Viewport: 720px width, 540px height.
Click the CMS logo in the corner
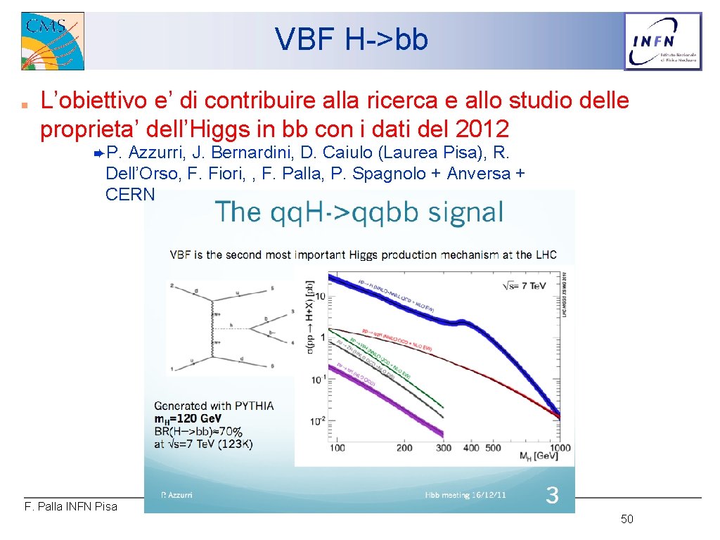click(x=53, y=41)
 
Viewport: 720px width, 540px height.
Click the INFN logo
click(x=663, y=41)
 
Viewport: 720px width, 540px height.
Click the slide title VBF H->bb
click(x=351, y=40)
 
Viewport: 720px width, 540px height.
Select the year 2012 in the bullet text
click(x=482, y=129)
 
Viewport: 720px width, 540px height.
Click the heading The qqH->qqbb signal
click(x=359, y=212)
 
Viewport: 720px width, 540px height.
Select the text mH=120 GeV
click(x=197, y=419)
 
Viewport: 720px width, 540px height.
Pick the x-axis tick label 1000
click(x=560, y=448)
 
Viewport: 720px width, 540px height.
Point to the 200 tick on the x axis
click(x=404, y=448)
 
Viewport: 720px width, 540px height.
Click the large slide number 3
click(x=553, y=496)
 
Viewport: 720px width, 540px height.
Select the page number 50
click(x=627, y=520)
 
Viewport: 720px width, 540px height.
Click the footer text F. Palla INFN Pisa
click(x=71, y=506)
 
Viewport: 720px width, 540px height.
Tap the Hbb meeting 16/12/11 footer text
click(x=465, y=496)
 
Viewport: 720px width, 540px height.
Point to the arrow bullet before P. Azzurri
click(x=98, y=153)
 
